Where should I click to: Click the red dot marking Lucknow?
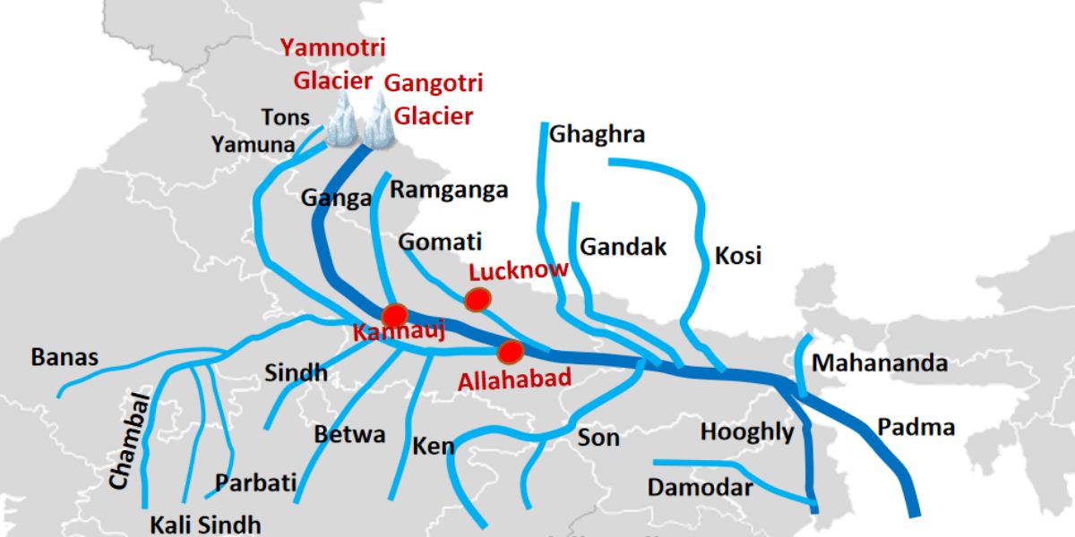[478, 299]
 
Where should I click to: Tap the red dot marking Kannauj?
[394, 315]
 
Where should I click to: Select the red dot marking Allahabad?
[511, 350]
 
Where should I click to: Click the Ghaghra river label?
[597, 134]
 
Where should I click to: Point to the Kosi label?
[738, 256]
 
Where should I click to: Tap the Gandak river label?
[623, 246]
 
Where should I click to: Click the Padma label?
[916, 427]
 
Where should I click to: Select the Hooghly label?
[747, 432]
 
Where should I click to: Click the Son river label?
[598, 438]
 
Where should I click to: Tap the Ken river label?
[434, 445]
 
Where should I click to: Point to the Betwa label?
[349, 435]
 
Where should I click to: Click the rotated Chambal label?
[125, 441]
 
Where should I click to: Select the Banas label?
[64, 357]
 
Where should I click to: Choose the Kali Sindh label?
[205, 524]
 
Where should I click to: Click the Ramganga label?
[449, 190]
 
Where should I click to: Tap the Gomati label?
[440, 242]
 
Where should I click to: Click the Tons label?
[285, 117]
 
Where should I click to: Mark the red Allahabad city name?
[514, 379]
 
